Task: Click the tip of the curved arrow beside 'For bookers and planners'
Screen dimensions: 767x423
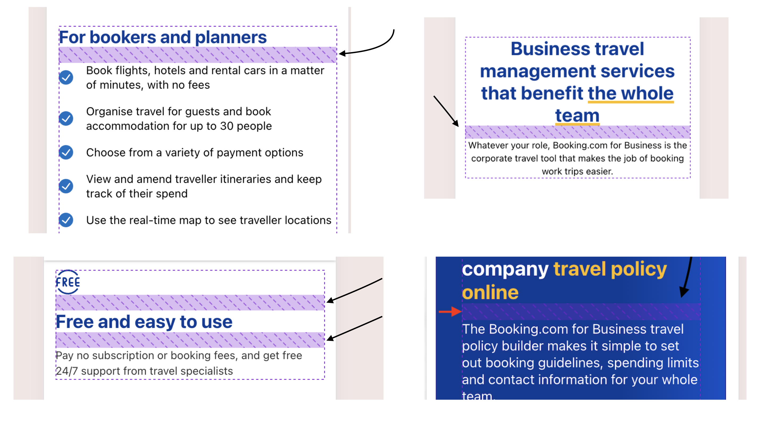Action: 339,54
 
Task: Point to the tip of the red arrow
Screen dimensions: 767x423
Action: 462,312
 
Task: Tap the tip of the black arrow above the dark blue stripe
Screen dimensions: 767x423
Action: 683,297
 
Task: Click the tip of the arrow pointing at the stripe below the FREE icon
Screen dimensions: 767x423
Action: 327,302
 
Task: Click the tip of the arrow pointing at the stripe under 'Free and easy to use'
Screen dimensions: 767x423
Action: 327,340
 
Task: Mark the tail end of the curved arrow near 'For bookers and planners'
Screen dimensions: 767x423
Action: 394,29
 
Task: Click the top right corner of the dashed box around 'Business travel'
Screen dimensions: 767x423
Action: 690,37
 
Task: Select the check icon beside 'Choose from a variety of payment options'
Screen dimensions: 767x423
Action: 66,153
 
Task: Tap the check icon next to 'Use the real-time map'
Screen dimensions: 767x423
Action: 66,220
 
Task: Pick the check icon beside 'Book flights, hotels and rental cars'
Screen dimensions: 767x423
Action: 66,77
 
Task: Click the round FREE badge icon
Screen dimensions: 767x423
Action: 68,282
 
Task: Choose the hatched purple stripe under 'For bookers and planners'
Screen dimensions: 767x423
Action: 198,55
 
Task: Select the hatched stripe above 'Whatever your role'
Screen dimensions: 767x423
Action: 578,132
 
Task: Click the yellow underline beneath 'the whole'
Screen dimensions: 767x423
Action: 631,102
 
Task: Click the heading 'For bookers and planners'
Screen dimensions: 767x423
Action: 163,37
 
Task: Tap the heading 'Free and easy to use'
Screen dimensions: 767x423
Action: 144,322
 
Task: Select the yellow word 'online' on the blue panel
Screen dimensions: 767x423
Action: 490,292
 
